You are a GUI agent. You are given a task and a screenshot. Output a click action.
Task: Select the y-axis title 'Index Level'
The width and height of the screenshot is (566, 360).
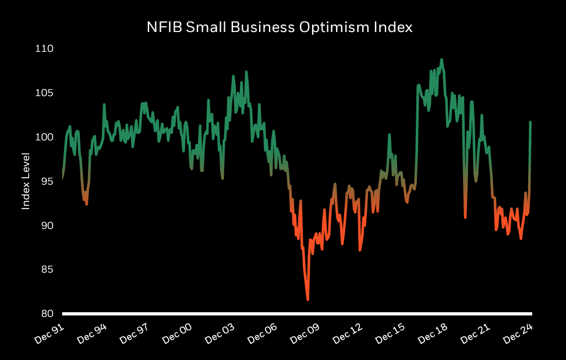click(x=26, y=181)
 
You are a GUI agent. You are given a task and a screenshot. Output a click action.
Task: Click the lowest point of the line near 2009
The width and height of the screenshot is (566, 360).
click(x=307, y=299)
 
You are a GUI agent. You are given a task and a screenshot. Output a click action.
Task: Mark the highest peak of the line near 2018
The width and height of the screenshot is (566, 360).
click(x=441, y=59)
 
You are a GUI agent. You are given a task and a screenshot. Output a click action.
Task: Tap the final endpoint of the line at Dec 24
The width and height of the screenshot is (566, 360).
click(x=530, y=122)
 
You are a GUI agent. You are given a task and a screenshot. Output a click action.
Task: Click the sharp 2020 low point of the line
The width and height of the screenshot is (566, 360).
click(x=465, y=217)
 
